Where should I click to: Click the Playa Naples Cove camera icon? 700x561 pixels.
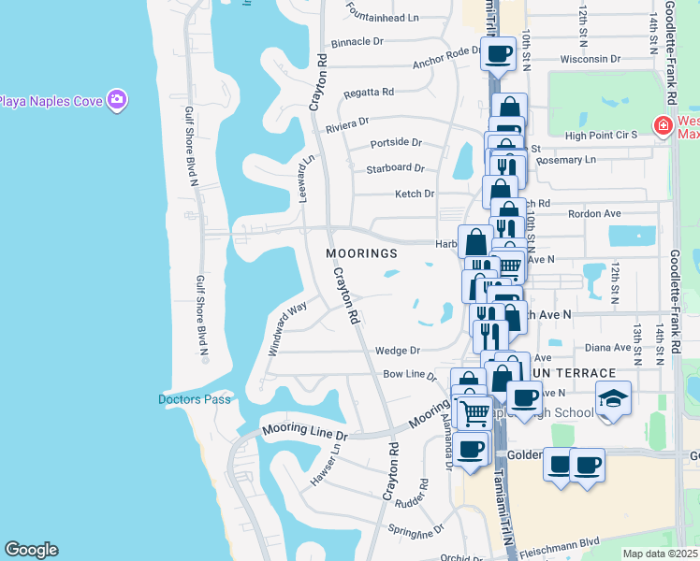pos(117,100)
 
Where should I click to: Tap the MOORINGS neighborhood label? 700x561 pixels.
pos(362,253)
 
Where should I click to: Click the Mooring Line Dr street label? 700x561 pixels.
pos(304,433)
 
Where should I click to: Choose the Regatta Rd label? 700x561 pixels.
pos(368,92)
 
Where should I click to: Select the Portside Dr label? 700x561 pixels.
pos(396,143)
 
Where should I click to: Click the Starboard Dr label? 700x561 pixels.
pos(395,168)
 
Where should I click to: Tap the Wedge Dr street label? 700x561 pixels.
pos(397,351)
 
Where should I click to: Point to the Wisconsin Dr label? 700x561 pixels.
pos(591,58)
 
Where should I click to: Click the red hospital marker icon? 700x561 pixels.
pos(663,125)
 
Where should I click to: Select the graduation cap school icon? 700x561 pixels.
pos(613,399)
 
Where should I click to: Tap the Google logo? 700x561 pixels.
pos(31,550)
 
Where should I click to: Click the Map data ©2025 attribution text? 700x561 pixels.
pos(660,554)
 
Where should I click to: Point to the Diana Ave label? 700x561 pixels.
pos(609,347)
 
